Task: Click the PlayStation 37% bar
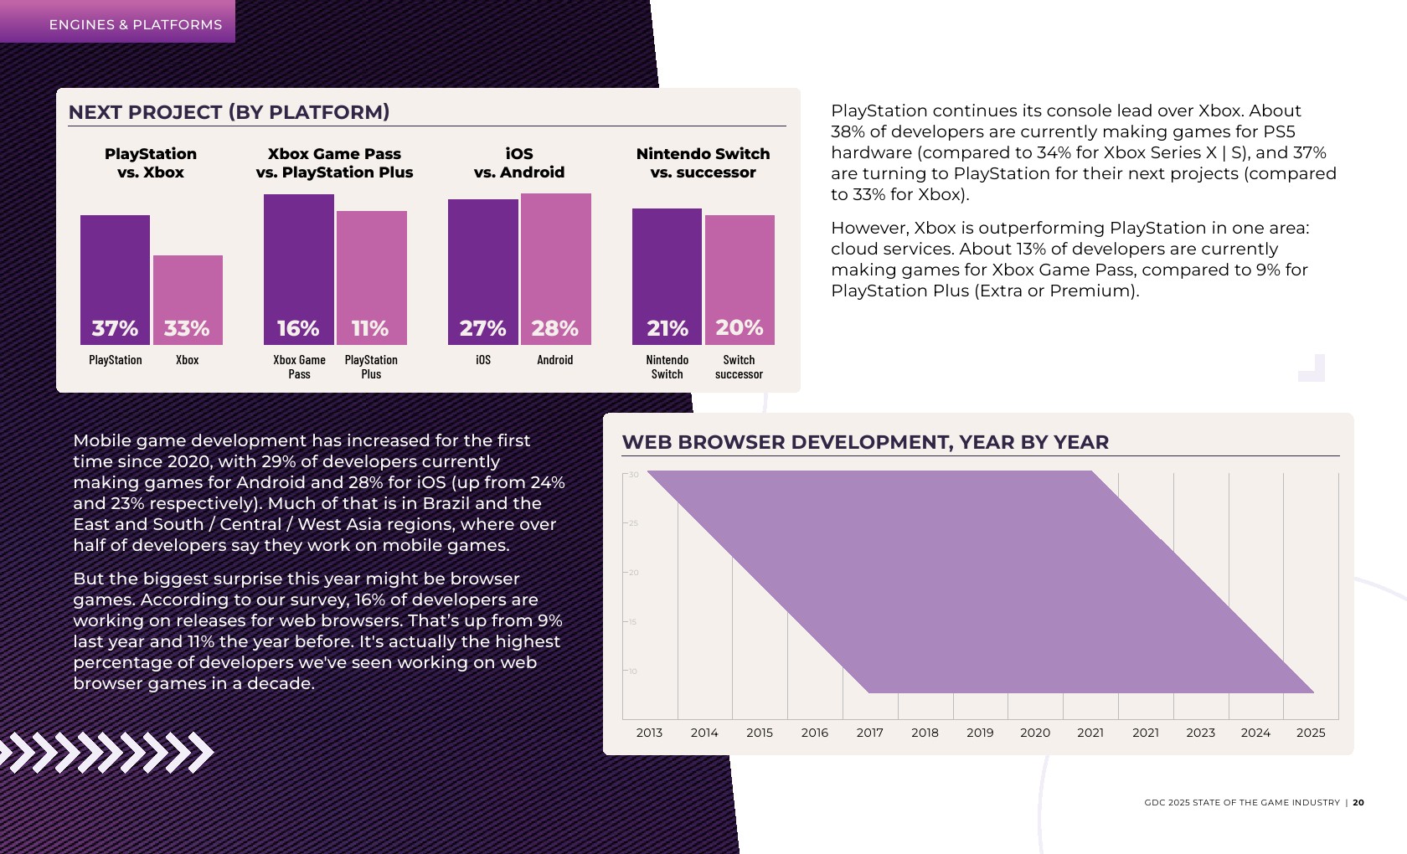tap(115, 280)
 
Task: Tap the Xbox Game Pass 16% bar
tap(299, 270)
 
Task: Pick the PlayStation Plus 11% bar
tap(372, 278)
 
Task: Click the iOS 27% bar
tap(483, 272)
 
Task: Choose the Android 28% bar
tap(556, 269)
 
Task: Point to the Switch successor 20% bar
tap(740, 280)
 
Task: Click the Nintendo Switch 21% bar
tap(667, 276)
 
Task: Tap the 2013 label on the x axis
tap(649, 733)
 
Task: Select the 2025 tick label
tap(1311, 733)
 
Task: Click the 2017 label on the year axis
tap(869, 733)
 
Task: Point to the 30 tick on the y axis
tap(634, 475)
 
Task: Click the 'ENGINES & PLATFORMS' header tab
tap(136, 25)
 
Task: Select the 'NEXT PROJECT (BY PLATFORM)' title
tap(229, 112)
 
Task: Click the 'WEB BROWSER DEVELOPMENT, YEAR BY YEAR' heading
tap(865, 442)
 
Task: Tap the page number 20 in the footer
tap(1358, 802)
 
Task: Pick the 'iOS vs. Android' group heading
tap(519, 162)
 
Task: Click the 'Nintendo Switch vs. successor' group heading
tap(703, 162)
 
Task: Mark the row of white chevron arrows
tap(107, 752)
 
